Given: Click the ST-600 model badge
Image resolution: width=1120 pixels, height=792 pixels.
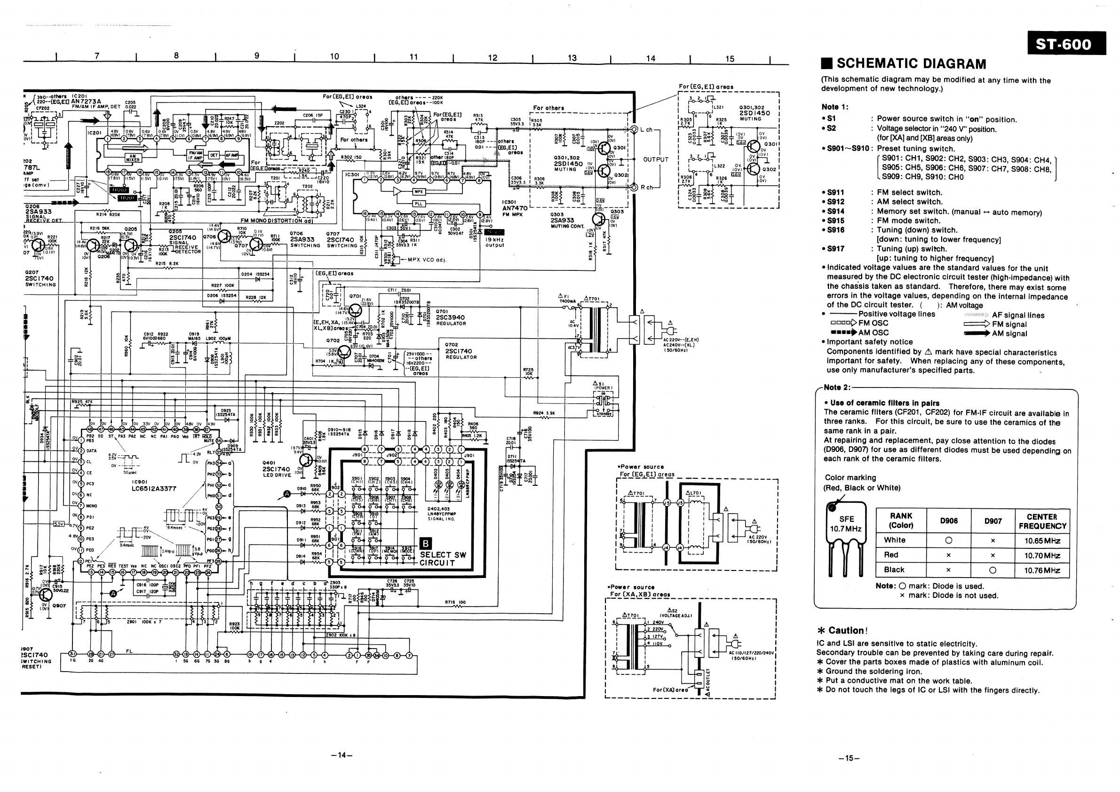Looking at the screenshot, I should coord(1066,44).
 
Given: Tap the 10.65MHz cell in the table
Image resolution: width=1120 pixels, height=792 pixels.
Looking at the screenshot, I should coord(1042,540).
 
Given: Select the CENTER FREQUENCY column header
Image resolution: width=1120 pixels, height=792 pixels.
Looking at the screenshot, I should coord(1042,521).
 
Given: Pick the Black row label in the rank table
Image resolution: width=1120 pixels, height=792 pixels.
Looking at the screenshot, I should coord(894,570).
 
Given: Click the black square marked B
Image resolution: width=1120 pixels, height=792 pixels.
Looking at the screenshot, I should coord(425,544).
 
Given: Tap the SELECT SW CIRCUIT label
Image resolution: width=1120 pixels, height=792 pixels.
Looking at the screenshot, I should coord(443,558).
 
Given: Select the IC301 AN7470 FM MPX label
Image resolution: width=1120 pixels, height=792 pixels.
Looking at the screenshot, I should coord(515,208).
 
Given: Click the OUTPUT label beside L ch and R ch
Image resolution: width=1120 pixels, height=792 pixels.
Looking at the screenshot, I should coord(656,159).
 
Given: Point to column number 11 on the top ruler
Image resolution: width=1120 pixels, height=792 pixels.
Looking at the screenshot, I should coord(413,57).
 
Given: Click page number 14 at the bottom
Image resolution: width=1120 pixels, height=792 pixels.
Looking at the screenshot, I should coord(341,755).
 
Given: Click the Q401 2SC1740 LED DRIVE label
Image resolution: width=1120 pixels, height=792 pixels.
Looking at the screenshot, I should coord(276,469).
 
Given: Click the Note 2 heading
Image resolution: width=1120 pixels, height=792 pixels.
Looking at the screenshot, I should coord(836,387).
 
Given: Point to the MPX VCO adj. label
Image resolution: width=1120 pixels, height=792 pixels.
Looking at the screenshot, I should coord(427,260).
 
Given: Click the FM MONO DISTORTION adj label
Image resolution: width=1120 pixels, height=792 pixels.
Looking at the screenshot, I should coord(277,221).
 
